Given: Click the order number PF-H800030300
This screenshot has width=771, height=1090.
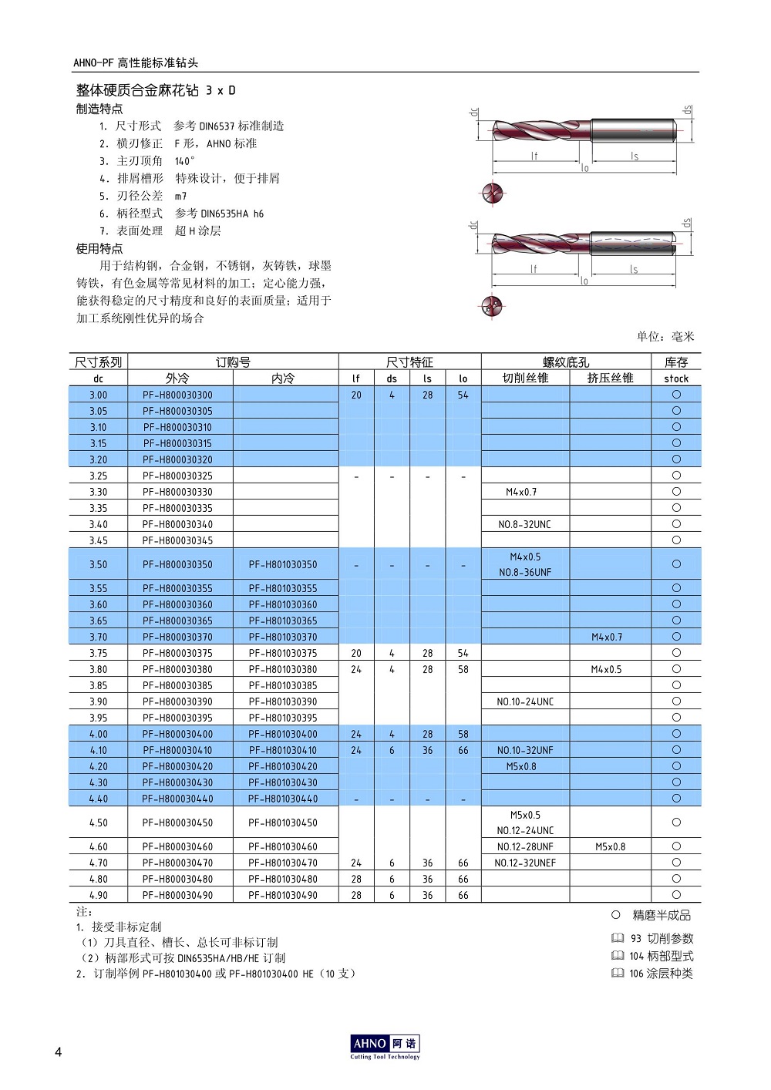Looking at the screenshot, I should point(177,395).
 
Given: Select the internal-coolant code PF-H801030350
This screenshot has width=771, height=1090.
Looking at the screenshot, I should point(282,564).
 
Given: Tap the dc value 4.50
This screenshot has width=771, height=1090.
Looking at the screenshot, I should point(98,823).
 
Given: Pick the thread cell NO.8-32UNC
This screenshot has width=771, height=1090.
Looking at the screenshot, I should point(524,524).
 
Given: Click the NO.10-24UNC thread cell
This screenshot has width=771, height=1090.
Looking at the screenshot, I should point(525,701).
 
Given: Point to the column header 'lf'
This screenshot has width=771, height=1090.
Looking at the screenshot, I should point(355,378).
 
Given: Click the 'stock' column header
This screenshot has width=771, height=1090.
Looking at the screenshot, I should point(675,378).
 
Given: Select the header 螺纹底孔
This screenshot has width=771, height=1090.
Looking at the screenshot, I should point(565,362).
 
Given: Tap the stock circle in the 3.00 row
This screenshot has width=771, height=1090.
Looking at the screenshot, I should point(676,395).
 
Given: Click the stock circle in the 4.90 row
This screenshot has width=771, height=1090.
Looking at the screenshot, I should point(676,895).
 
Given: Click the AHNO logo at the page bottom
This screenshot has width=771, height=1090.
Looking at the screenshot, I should point(385,1045).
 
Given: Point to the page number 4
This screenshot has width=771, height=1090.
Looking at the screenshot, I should point(58,1052).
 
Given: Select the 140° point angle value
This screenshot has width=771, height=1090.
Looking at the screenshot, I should point(185,161).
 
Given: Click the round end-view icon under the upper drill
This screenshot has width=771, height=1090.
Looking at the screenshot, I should point(493,193).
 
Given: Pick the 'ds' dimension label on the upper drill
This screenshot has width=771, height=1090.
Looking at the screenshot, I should point(687,111).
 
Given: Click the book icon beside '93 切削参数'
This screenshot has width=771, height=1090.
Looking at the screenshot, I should point(618,938).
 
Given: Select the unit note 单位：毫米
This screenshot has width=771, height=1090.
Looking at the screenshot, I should point(665,336).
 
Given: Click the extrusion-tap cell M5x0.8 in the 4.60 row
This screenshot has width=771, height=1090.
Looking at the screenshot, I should point(610,846).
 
